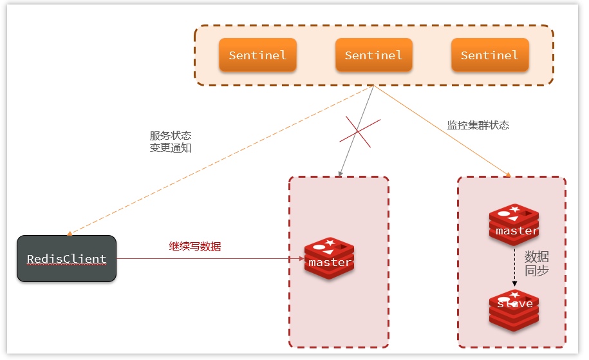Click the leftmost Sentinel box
coord(257,55)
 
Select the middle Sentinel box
coord(373,55)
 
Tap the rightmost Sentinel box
coord(489,55)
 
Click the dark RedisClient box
coord(66,258)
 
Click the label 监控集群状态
coord(478,125)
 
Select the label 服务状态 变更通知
coord(170,142)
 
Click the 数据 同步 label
coord(536,263)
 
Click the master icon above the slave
coord(514,225)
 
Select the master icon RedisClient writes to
coord(330,258)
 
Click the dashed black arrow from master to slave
coord(514,267)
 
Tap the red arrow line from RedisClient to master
coord(206,259)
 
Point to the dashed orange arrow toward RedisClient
coord(219,160)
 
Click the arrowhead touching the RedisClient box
coord(70,233)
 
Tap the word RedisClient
coord(66,259)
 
